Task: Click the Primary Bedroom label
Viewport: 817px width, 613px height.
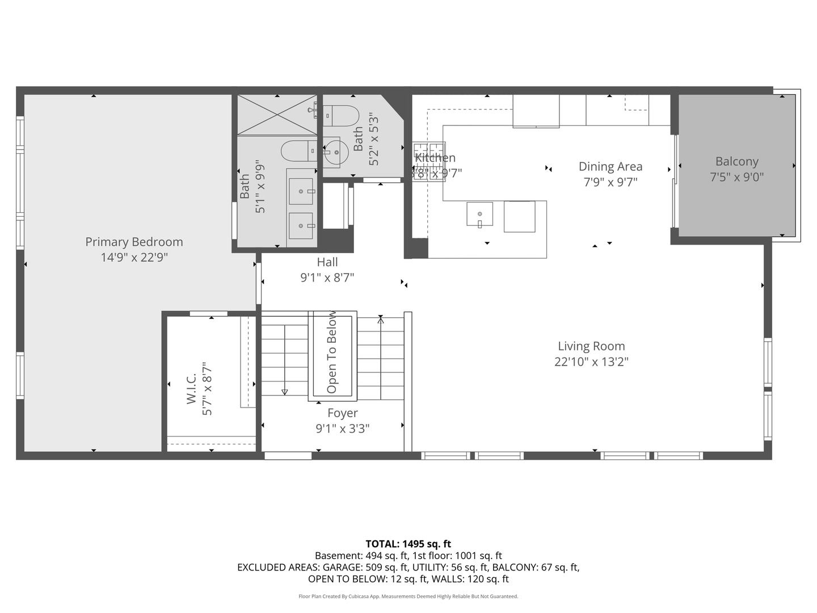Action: point(134,242)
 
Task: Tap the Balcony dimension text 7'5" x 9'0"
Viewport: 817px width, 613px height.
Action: point(736,177)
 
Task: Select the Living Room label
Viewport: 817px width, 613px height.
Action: point(591,346)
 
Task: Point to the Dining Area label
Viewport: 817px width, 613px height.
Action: point(610,167)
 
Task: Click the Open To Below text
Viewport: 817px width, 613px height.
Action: point(332,352)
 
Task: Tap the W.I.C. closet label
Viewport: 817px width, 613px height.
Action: point(191,389)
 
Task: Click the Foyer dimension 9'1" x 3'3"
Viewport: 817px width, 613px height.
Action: point(342,429)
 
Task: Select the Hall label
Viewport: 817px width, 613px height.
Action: point(327,262)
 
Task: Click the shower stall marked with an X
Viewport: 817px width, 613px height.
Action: point(277,115)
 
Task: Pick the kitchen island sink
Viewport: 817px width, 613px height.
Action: point(479,214)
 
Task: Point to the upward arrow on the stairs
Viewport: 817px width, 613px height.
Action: point(381,321)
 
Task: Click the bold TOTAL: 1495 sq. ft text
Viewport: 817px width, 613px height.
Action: point(408,544)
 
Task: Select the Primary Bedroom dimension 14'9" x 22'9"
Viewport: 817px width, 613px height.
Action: point(134,258)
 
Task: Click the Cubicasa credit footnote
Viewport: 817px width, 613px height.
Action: point(408,597)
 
